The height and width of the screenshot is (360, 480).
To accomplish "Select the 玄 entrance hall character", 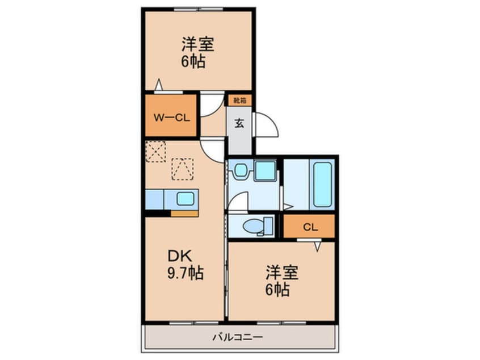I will (x=239, y=123).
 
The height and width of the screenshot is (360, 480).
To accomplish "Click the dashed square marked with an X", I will (x=155, y=152).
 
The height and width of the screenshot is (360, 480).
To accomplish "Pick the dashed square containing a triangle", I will (x=182, y=169).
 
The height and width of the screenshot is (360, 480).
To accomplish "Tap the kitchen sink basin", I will (x=185, y=199).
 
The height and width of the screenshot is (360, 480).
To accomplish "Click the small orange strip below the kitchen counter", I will (x=184, y=214).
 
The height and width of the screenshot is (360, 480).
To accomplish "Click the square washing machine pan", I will (x=264, y=171).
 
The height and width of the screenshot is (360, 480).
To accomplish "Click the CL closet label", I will (x=309, y=227).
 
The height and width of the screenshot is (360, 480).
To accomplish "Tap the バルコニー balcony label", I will (x=238, y=337).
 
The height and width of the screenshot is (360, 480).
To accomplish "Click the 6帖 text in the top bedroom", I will (x=193, y=62).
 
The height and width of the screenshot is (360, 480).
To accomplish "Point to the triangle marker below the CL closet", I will (x=317, y=246).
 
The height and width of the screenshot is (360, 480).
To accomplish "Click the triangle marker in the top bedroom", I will (x=159, y=85).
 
